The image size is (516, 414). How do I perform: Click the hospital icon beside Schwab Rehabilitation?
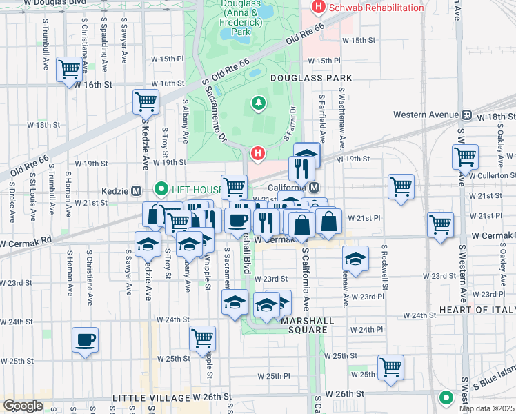pyautogui.click(x=318, y=8)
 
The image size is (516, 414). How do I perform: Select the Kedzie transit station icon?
pyautogui.click(x=137, y=190)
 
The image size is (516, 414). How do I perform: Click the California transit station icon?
pyautogui.click(x=314, y=188)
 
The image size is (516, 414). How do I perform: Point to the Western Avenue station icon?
pyautogui.click(x=466, y=115)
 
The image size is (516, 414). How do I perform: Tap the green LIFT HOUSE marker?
pyautogui.click(x=161, y=188)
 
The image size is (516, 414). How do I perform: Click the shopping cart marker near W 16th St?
pyautogui.click(x=68, y=69)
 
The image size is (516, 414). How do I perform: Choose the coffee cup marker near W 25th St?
pyautogui.click(x=86, y=340)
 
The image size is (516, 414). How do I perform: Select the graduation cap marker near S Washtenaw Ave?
pyautogui.click(x=355, y=259)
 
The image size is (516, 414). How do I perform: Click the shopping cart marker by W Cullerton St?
pyautogui.click(x=466, y=156)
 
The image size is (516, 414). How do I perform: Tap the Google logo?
pyautogui.click(x=23, y=406)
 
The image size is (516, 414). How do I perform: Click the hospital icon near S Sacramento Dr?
pyautogui.click(x=258, y=152)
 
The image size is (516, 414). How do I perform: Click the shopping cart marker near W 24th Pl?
pyautogui.click(x=203, y=338)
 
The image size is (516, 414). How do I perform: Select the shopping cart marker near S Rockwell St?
pyautogui.click(x=401, y=186)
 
